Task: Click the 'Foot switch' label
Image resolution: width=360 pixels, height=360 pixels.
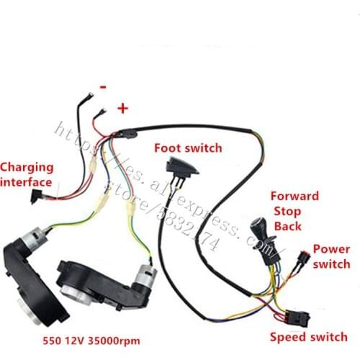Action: pos(188,148)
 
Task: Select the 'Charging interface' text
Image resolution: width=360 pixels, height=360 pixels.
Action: pos(27,174)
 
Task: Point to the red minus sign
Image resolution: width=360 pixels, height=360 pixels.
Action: pos(103,86)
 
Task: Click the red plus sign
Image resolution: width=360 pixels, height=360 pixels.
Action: pos(122,108)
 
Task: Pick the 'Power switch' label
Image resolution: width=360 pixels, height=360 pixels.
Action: pos(331,257)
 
